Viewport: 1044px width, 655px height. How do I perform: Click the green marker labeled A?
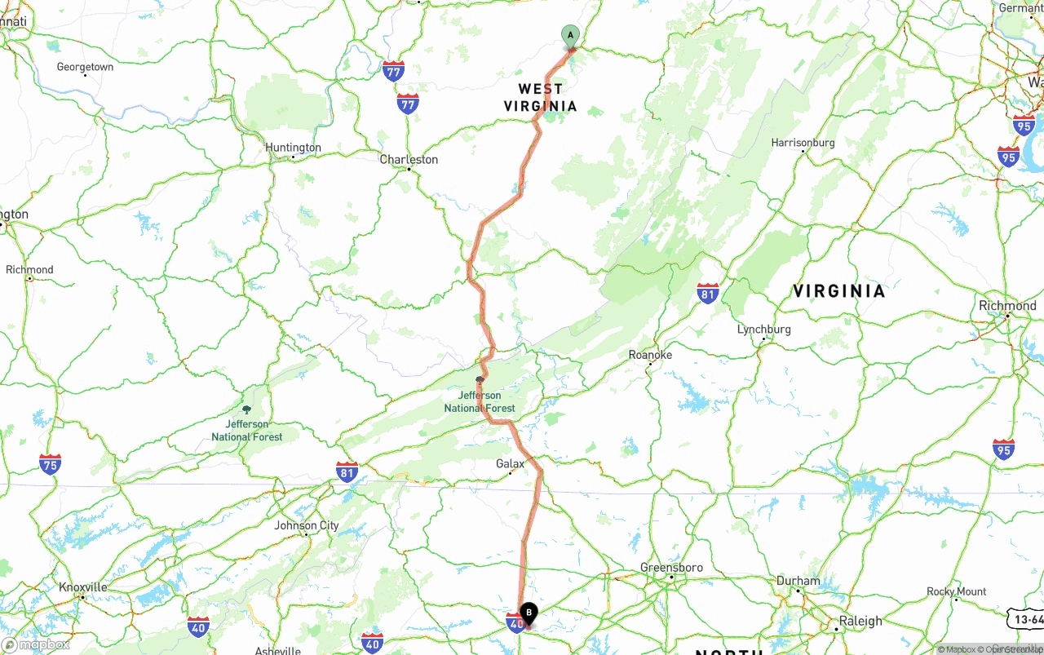pyautogui.click(x=570, y=35)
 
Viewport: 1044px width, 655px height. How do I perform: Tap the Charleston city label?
pyautogui.click(x=409, y=160)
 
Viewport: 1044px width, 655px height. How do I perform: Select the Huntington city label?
pyautogui.click(x=293, y=148)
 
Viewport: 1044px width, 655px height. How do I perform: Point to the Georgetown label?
pyautogui.click(x=85, y=67)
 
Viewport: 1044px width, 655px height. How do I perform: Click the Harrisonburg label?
pyautogui.click(x=803, y=143)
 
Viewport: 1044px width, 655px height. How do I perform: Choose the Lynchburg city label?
pyautogui.click(x=763, y=330)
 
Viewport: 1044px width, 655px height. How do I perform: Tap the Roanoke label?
pyautogui.click(x=650, y=355)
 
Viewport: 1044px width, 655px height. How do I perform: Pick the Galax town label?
pyautogui.click(x=510, y=464)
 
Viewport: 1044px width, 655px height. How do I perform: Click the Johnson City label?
pyautogui.click(x=306, y=525)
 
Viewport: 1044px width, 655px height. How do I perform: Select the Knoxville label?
pyautogui.click(x=82, y=587)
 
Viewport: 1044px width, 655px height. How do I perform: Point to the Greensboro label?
pyautogui.click(x=671, y=568)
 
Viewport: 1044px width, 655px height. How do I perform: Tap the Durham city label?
pyautogui.click(x=798, y=581)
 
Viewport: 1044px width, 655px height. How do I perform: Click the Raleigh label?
pyautogui.click(x=860, y=621)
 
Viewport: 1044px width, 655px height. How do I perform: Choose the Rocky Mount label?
pyautogui.click(x=956, y=591)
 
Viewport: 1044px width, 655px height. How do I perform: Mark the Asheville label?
pyautogui.click(x=277, y=651)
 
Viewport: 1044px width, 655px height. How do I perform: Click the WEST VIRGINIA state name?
pyautogui.click(x=540, y=97)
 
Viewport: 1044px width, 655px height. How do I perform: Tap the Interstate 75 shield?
pyautogui.click(x=50, y=464)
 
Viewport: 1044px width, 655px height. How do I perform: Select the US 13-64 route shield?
pyautogui.click(x=1024, y=620)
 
